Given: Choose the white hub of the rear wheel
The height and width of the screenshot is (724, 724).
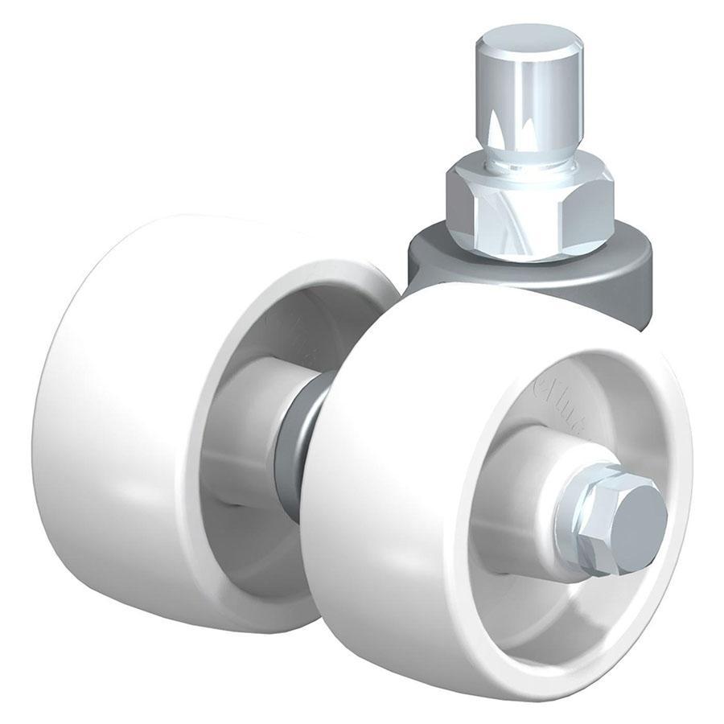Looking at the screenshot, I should pos(249,418).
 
